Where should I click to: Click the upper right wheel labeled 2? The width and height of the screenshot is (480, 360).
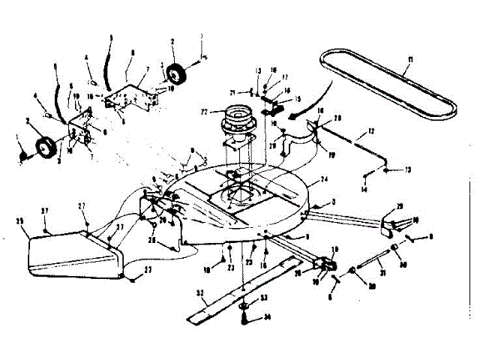(x=178, y=75)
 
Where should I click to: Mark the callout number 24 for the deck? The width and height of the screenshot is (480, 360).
(x=324, y=180)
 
